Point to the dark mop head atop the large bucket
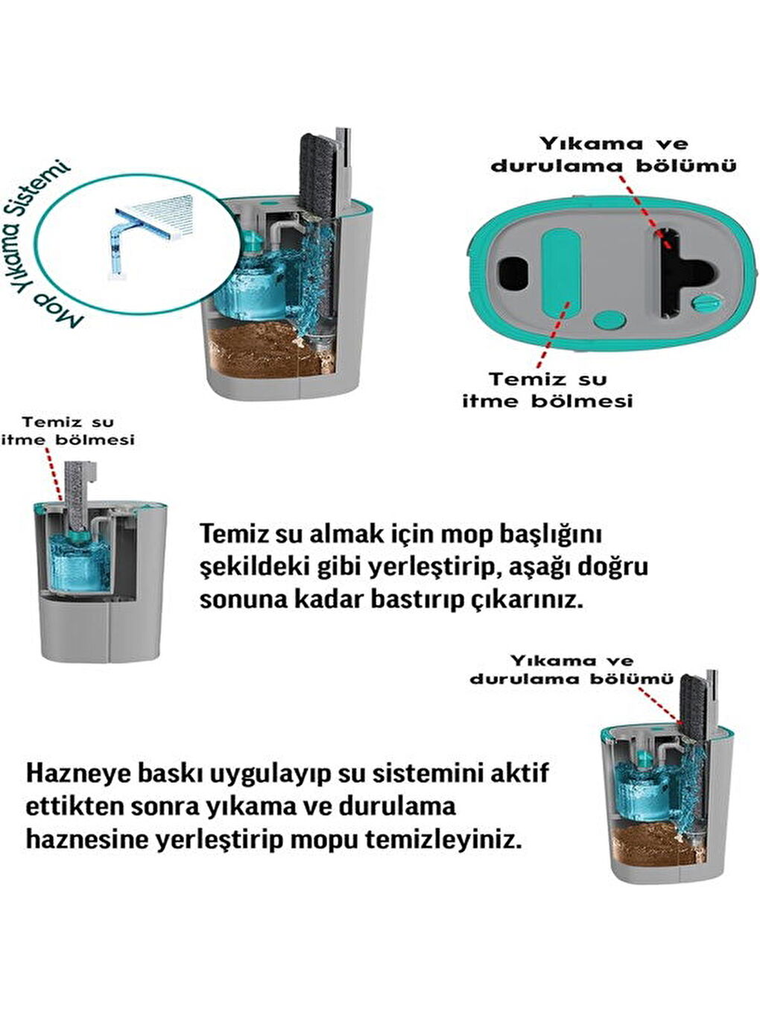pos(317,175)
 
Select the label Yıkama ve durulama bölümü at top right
pos(612,154)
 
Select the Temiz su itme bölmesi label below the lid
pos(548,390)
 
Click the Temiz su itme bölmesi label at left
pos(68,431)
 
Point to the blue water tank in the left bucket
pos(78,559)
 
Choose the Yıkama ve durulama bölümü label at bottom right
pos(571,669)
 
